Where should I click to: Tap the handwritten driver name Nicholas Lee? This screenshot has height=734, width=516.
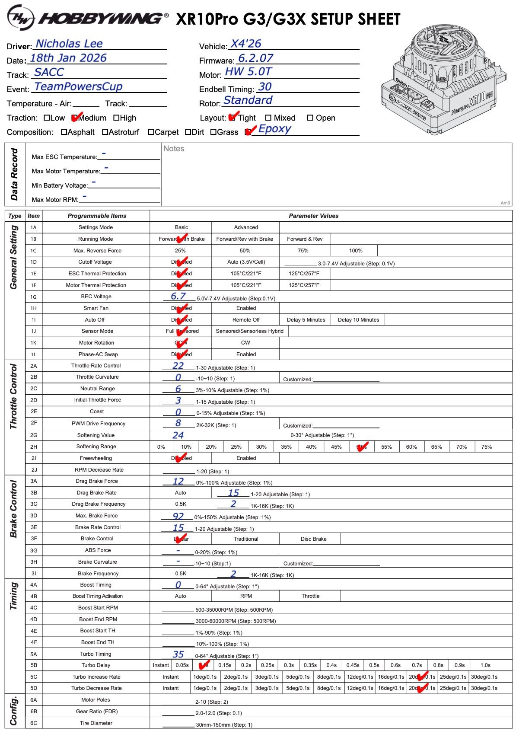coord(69,44)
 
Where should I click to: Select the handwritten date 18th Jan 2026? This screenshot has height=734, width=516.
coord(68,58)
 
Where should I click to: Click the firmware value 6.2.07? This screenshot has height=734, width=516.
coord(256,58)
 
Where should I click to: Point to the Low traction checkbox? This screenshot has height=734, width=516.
coord(47,118)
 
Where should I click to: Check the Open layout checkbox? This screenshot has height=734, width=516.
coord(310,118)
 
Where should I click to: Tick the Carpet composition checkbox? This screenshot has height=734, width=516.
coord(151,132)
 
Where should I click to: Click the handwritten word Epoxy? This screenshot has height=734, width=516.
coord(274,129)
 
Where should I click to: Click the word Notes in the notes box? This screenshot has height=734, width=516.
coord(174,149)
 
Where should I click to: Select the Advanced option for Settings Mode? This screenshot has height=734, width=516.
coord(246,227)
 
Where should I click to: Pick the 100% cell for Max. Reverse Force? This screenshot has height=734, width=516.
coord(356,251)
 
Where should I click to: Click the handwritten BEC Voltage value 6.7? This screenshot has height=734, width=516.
coord(178,296)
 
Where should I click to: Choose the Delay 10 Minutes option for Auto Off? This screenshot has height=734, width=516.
coord(358,320)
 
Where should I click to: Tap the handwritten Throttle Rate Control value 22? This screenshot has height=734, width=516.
coord(178,366)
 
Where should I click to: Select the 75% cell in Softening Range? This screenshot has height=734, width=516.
coord(487,447)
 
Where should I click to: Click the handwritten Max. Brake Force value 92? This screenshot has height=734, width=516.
coord(178,516)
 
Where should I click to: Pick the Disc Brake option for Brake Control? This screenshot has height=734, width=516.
coord(313,539)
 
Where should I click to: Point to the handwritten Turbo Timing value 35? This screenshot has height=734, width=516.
coord(178,654)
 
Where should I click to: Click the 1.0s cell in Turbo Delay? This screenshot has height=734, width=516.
coord(485,665)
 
